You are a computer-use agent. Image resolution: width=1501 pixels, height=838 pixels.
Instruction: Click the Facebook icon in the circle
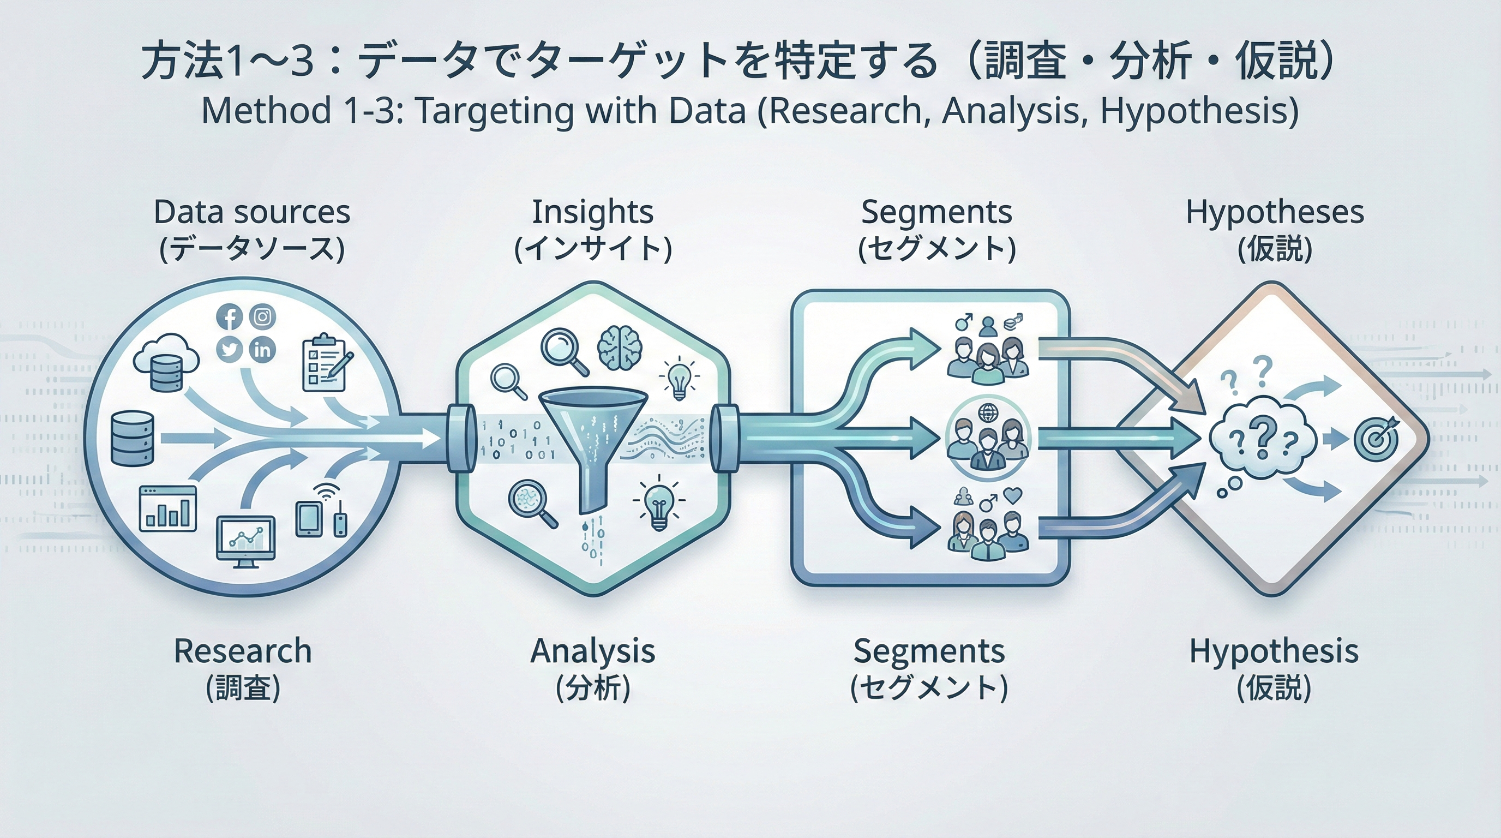tap(230, 318)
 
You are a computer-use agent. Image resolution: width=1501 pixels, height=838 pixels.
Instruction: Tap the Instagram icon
tap(263, 316)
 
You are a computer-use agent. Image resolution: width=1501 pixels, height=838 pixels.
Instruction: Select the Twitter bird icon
tap(230, 350)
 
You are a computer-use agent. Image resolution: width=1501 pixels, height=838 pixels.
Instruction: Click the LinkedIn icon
tap(263, 350)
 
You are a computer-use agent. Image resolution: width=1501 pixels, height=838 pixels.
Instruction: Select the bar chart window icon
tap(168, 508)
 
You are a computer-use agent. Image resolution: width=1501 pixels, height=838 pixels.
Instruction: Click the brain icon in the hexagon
tap(620, 348)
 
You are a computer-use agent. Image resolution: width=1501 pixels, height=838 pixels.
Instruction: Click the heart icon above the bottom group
tap(1014, 495)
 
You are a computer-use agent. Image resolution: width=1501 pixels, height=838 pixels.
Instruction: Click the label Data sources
tap(252, 212)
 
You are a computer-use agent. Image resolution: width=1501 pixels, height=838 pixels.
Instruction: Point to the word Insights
tap(592, 212)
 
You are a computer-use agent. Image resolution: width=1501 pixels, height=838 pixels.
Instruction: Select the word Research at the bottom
tap(242, 651)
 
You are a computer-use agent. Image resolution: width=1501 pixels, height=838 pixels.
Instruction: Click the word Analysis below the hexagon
tap(592, 651)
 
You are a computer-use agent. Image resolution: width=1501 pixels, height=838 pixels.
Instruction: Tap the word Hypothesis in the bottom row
tap(1274, 651)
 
